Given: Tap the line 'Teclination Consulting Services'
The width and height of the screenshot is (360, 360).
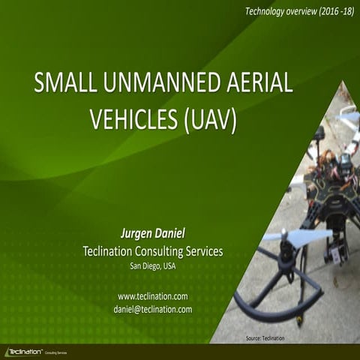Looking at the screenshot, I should (152, 250).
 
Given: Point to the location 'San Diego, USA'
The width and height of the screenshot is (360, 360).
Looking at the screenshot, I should (152, 265).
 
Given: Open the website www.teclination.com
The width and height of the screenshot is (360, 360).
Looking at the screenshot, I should (152, 295).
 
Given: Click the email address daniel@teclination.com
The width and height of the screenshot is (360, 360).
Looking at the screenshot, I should (152, 308).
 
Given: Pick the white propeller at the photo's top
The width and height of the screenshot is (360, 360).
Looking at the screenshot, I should (346, 120).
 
